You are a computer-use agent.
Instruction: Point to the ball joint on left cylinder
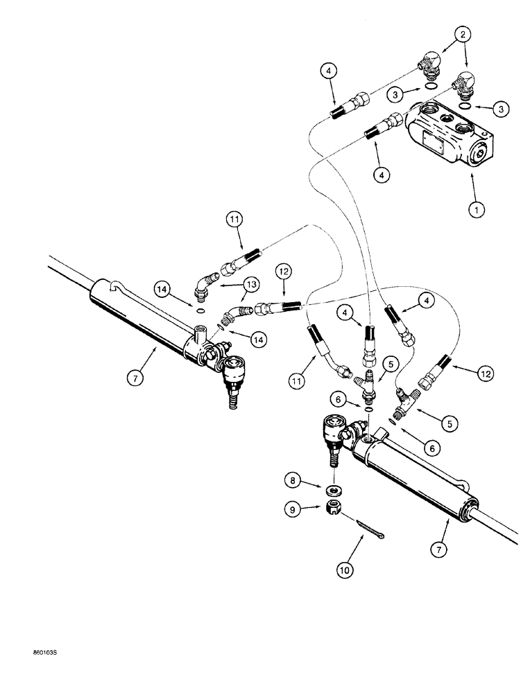(230, 367)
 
